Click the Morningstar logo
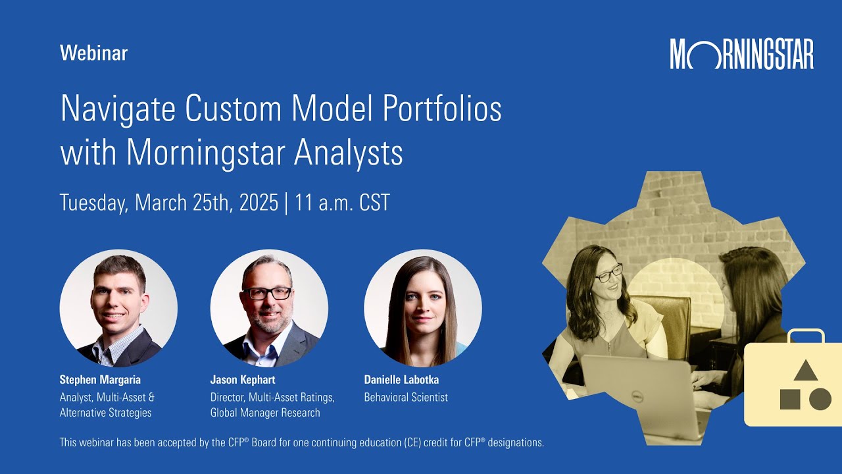pyautogui.click(x=741, y=54)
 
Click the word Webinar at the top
pyautogui.click(x=93, y=53)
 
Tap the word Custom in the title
pyautogui.click(x=233, y=109)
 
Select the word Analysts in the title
pyautogui.click(x=349, y=153)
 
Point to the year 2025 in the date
pyautogui.click(x=259, y=202)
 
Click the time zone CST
pyautogui.click(x=374, y=202)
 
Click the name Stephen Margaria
pyautogui.click(x=100, y=380)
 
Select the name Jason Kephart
pyautogui.click(x=243, y=380)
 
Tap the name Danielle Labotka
pyautogui.click(x=401, y=380)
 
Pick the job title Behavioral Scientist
pyautogui.click(x=406, y=397)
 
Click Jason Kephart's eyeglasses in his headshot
pyautogui.click(x=267, y=294)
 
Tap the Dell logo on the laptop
pyautogui.click(x=636, y=396)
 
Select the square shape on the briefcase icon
pyautogui.click(x=790, y=399)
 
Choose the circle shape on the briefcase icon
pyautogui.click(x=820, y=399)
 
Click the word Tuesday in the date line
pyautogui.click(x=94, y=203)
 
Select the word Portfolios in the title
pyautogui.click(x=443, y=109)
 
